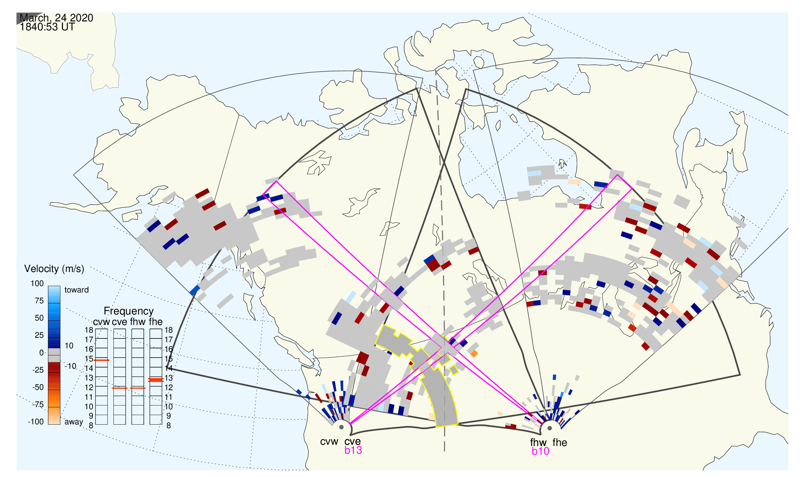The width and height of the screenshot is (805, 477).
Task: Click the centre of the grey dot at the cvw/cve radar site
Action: click(x=341, y=428)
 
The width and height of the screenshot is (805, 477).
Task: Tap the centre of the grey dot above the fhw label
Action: click(x=550, y=428)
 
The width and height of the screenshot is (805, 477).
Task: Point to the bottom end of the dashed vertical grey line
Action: click(x=445, y=451)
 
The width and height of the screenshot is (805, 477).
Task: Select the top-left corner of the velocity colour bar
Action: click(x=48, y=286)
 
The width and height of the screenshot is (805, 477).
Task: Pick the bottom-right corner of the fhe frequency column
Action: click(x=162, y=425)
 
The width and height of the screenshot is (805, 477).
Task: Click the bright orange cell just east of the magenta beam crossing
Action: click(x=474, y=354)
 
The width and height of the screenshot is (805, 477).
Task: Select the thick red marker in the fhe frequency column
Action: click(x=156, y=380)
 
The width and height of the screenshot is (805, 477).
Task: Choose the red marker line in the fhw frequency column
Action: click(x=138, y=388)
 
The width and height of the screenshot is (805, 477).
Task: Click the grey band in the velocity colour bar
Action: click(x=54, y=355)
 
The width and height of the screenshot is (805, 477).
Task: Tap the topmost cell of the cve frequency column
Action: click(x=120, y=334)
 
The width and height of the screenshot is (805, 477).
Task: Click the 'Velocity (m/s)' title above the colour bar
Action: click(x=54, y=269)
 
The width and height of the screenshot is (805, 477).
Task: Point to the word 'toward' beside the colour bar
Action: click(x=77, y=290)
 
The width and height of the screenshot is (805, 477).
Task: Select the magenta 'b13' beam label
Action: click(x=353, y=450)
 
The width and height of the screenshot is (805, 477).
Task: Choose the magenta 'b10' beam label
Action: click(x=540, y=451)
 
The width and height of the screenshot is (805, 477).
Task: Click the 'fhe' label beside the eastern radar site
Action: click(x=560, y=443)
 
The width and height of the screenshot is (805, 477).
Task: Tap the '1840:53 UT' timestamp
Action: click(x=47, y=27)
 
